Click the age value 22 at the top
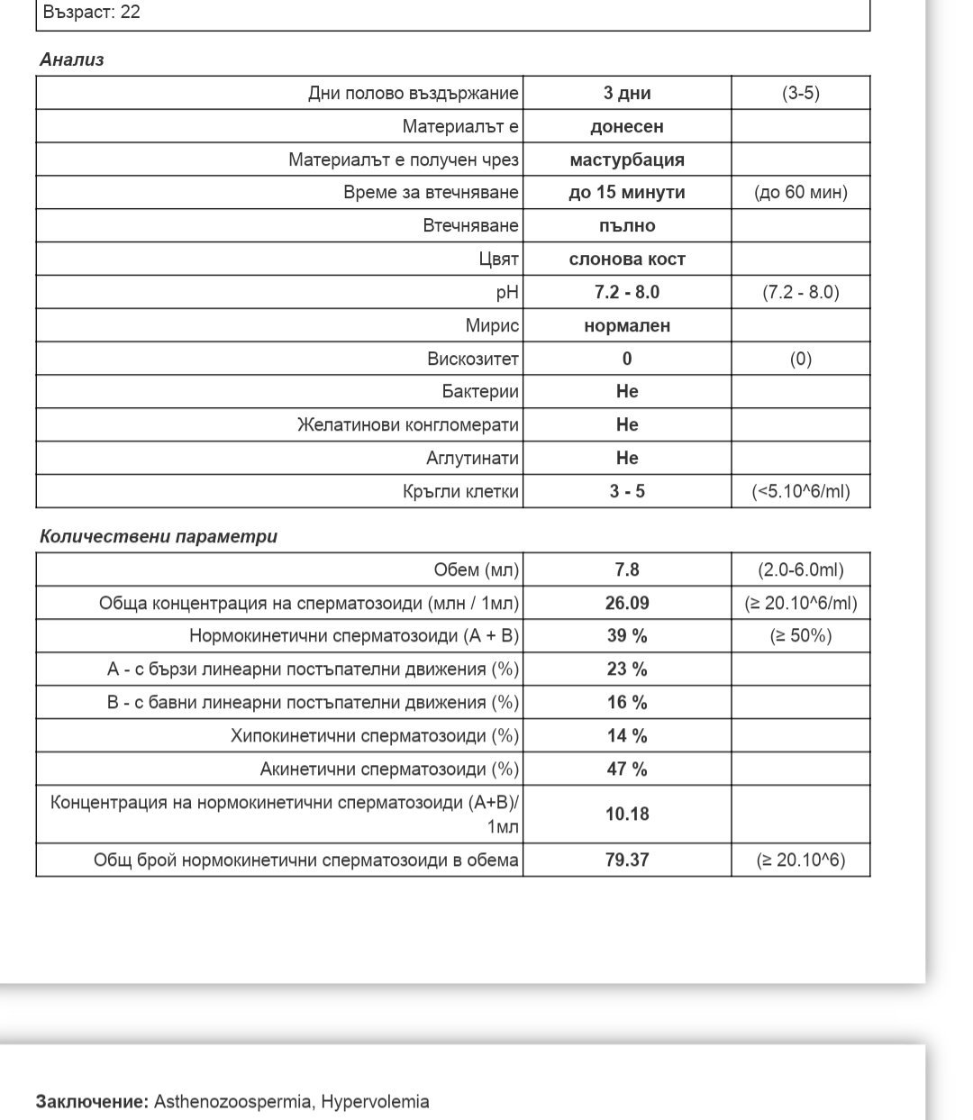(x=130, y=13)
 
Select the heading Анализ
(x=72, y=59)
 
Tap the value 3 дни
(x=627, y=93)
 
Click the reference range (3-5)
(x=801, y=93)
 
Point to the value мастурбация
(x=627, y=159)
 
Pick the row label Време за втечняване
(x=431, y=192)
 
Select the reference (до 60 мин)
(x=801, y=192)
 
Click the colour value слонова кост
(x=627, y=259)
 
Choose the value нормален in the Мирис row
(x=627, y=325)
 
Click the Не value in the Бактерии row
(x=627, y=391)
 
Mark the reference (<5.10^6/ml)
(x=801, y=491)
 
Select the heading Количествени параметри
(x=159, y=536)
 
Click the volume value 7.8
(x=627, y=569)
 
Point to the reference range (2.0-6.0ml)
(x=801, y=569)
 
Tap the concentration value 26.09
(x=627, y=603)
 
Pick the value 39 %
(x=627, y=635)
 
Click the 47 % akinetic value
(x=627, y=769)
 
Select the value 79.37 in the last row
(x=627, y=860)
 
